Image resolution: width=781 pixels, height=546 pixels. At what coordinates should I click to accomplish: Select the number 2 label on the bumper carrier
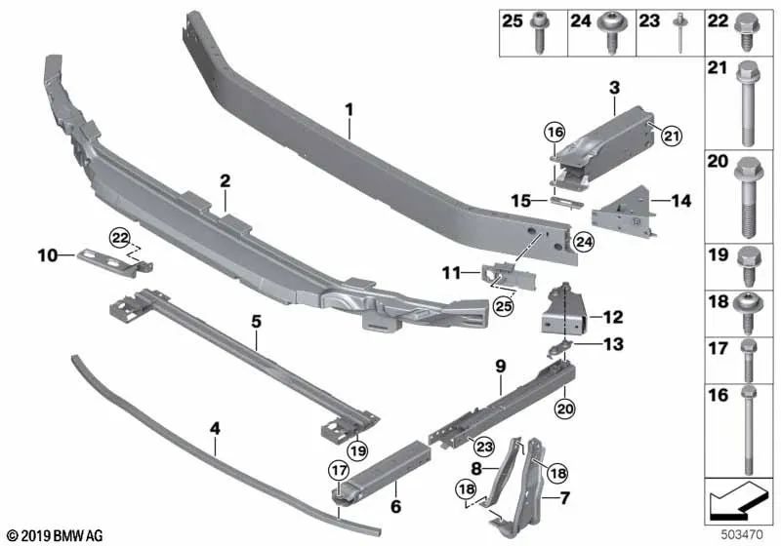(225, 180)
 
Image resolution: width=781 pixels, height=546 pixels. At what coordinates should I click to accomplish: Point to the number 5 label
(256, 319)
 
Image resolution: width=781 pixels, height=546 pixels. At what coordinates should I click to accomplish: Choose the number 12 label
(613, 317)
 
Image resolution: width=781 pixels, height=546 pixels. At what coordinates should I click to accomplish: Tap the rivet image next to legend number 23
(676, 36)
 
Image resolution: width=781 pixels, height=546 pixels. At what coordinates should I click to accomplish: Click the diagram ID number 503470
(742, 535)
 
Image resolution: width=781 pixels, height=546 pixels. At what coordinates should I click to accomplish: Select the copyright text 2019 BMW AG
(54, 535)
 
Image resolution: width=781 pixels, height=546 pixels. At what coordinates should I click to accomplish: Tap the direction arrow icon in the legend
(737, 503)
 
